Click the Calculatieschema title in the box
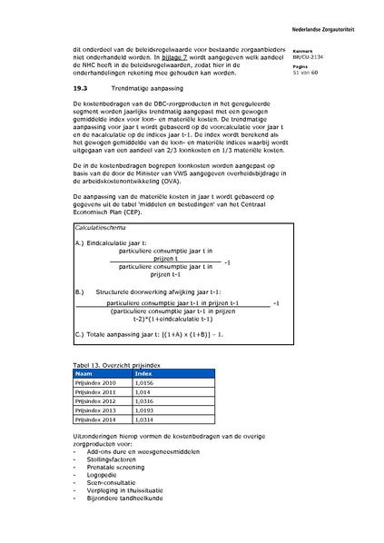pos(105,229)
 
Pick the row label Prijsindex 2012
pos(98,400)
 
